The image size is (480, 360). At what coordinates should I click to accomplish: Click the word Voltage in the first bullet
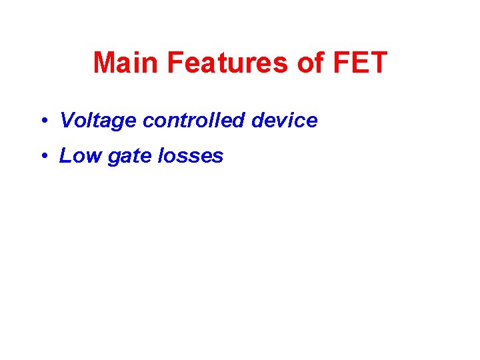tap(98, 121)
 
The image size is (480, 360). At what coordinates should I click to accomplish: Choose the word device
tap(284, 121)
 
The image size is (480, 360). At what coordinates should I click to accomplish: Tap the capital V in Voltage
tap(66, 121)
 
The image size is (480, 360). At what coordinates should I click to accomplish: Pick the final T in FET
tap(378, 63)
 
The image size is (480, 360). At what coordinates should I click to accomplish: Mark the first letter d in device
tap(258, 121)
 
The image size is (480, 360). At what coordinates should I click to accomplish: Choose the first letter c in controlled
tap(147, 122)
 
